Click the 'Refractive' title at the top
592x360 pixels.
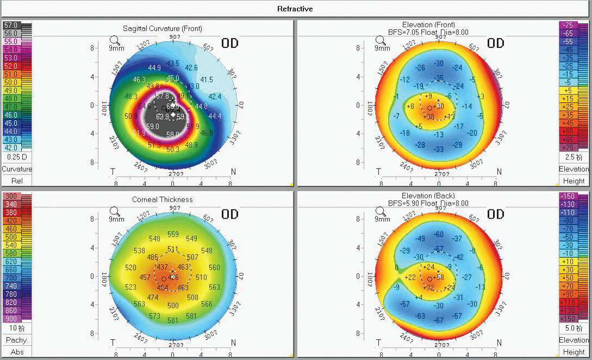point(295,9)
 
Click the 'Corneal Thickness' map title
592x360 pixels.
point(162,200)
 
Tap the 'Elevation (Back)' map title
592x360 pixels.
point(435,195)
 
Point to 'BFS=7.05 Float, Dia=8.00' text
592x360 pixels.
point(437,32)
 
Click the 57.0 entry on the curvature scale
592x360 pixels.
point(11,25)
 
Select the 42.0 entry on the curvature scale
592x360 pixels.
point(11,147)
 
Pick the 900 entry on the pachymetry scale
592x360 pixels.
point(11,318)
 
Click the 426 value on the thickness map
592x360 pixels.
point(172,277)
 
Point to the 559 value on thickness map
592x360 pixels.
point(173,234)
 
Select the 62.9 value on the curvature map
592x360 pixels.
point(163,117)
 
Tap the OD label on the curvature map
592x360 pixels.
point(230,44)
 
